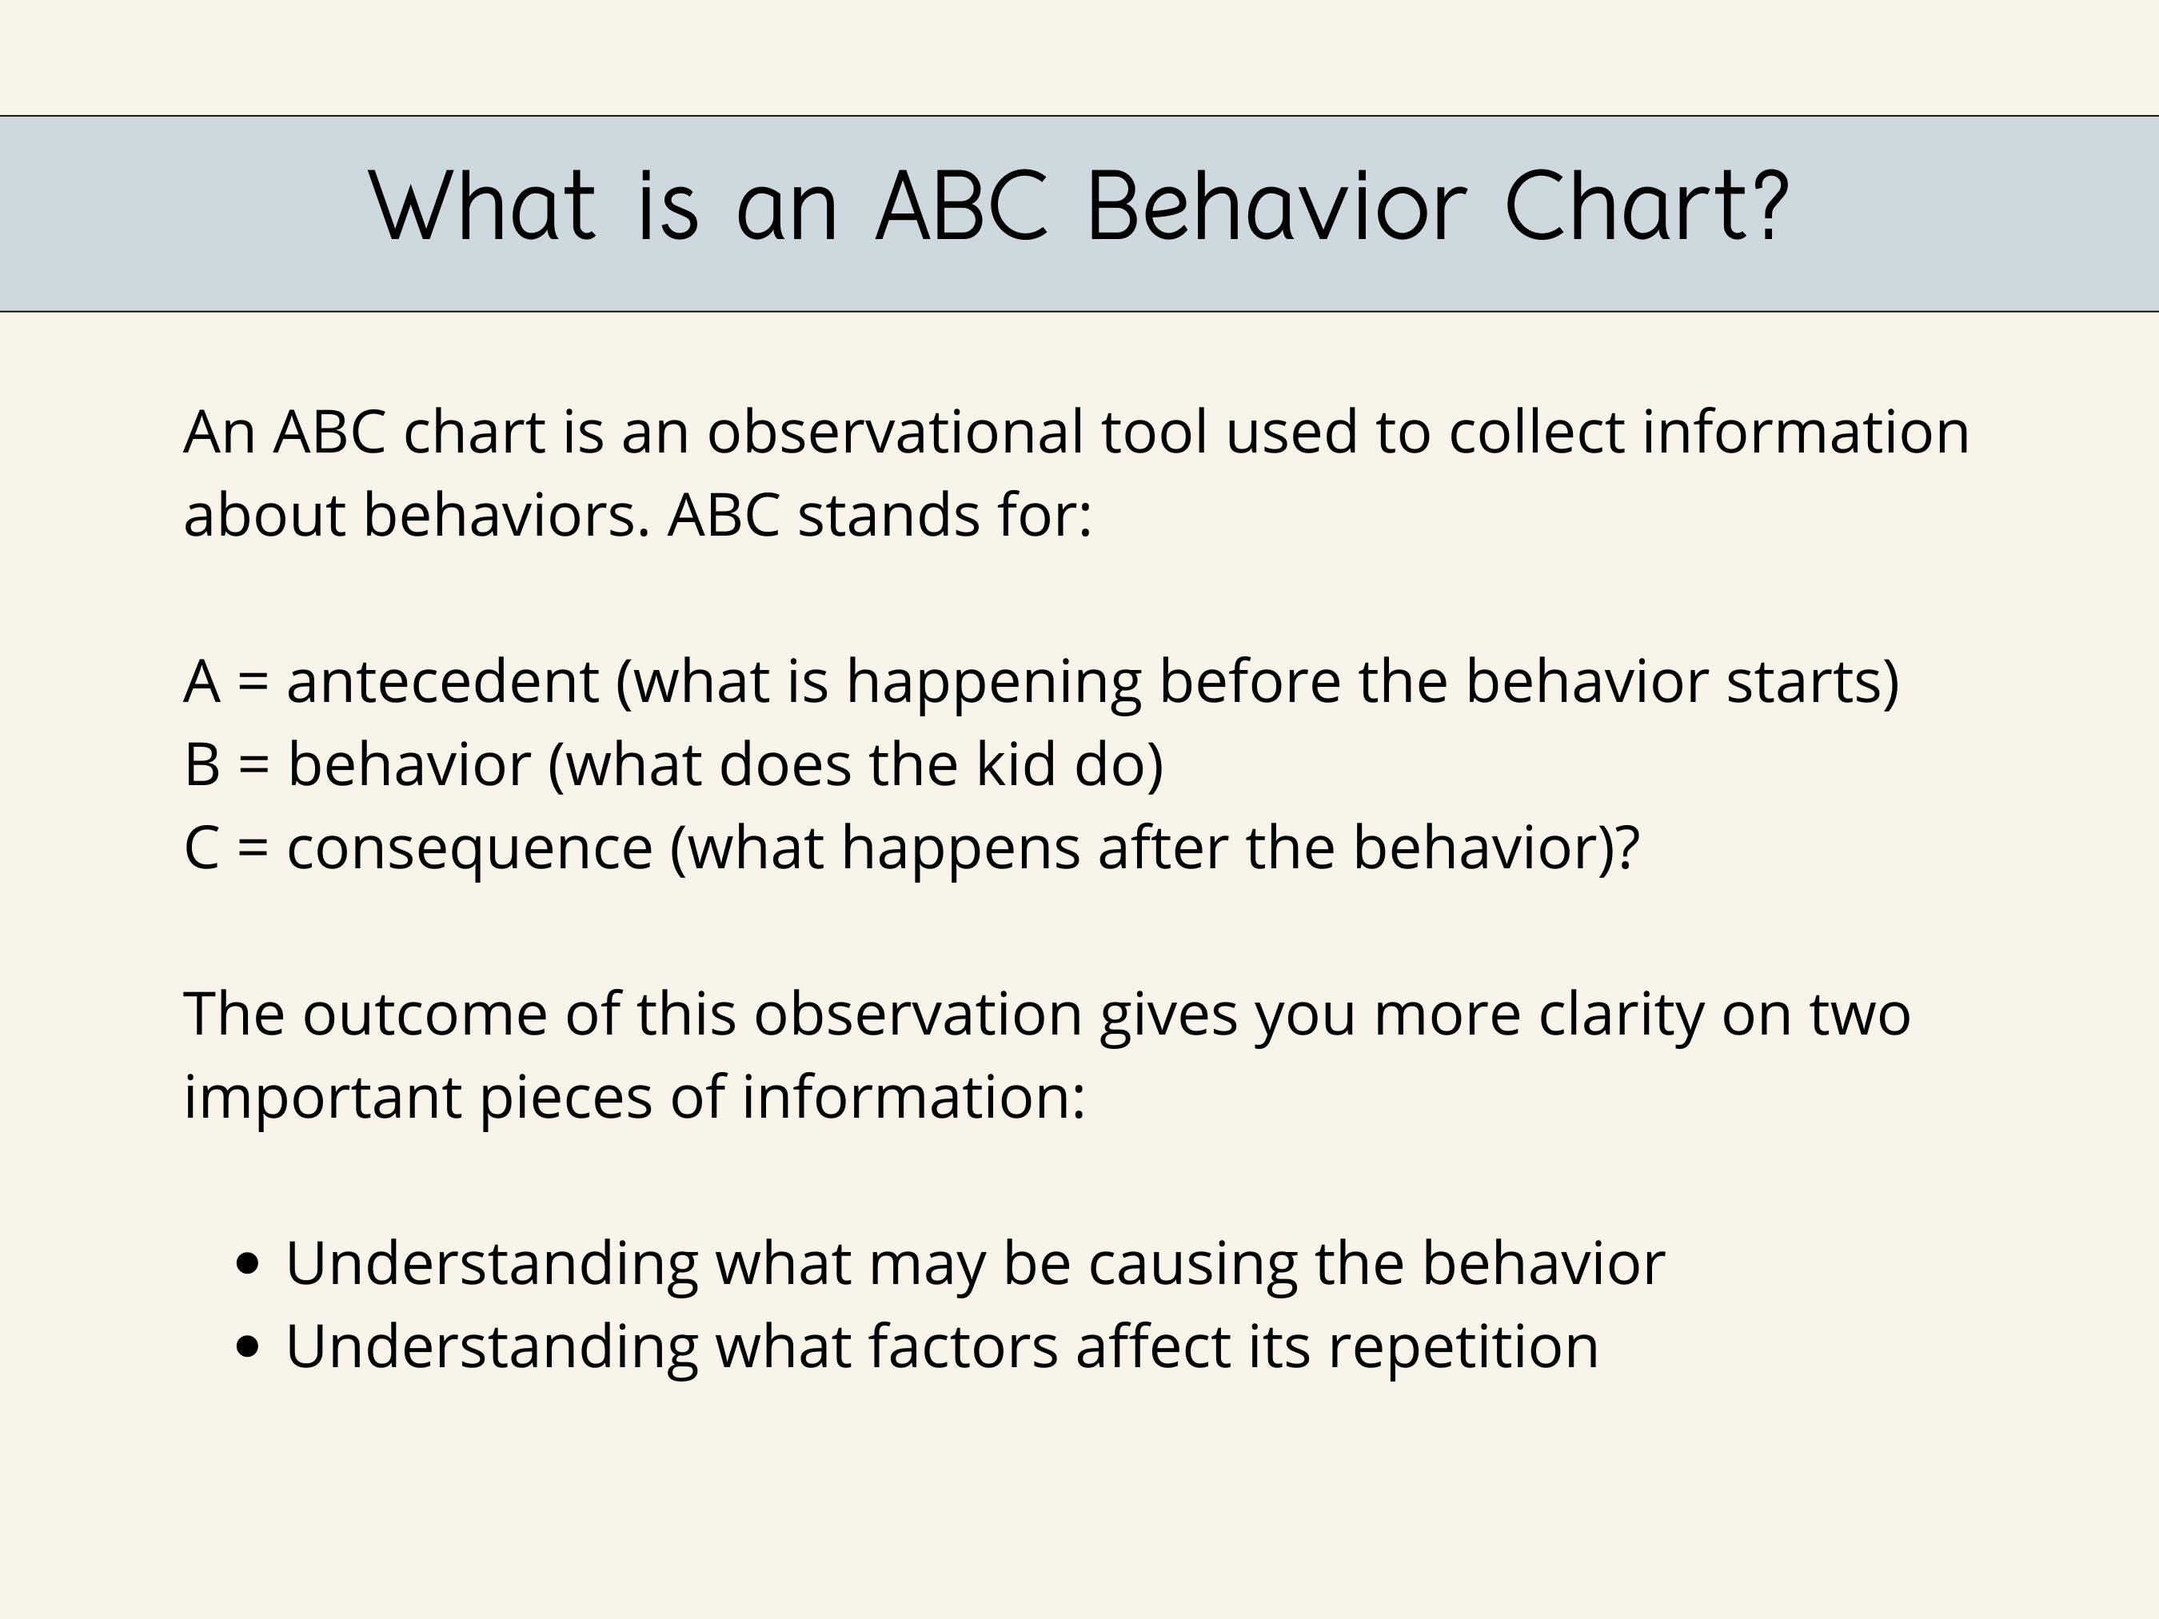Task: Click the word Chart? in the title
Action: coord(1646,207)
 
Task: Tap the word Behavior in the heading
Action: coord(1275,207)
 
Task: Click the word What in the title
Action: coord(482,207)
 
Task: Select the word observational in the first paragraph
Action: coord(895,432)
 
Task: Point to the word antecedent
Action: coord(442,681)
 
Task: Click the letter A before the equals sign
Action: coord(201,681)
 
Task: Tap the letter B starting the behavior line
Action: coord(201,764)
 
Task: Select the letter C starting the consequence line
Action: coord(201,847)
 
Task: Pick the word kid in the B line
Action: coord(1015,764)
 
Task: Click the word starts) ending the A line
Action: coord(1813,681)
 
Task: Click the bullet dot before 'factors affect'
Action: coord(249,1346)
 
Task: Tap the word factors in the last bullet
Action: coord(964,1346)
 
